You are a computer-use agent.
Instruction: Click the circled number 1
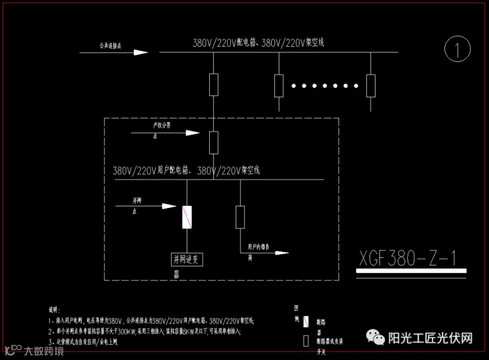click(x=457, y=50)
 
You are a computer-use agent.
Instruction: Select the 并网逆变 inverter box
click(x=187, y=259)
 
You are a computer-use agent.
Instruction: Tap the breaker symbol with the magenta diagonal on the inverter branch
click(x=187, y=217)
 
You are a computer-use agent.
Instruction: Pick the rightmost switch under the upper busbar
click(x=371, y=85)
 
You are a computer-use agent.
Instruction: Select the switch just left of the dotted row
click(x=279, y=85)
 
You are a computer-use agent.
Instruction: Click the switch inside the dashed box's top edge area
click(x=214, y=142)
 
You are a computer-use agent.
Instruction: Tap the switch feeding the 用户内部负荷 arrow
click(x=240, y=217)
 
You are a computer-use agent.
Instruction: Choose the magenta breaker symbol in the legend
click(x=306, y=322)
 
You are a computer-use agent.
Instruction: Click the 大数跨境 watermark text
click(x=43, y=351)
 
